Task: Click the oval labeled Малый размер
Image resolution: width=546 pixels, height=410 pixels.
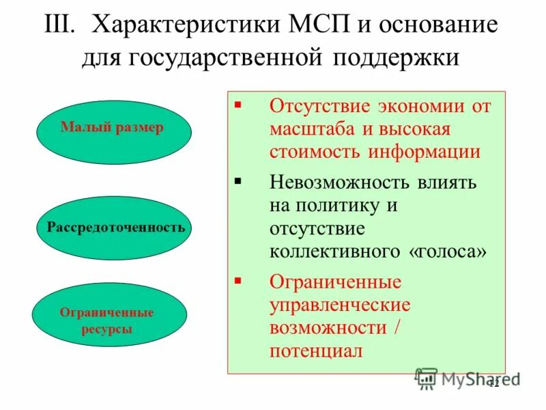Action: coord(113,128)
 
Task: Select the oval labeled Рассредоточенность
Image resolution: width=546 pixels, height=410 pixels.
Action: coord(115,228)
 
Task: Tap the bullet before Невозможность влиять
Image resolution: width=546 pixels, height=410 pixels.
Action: coord(238,180)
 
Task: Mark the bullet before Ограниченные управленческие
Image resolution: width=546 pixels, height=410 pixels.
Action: coord(238,280)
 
